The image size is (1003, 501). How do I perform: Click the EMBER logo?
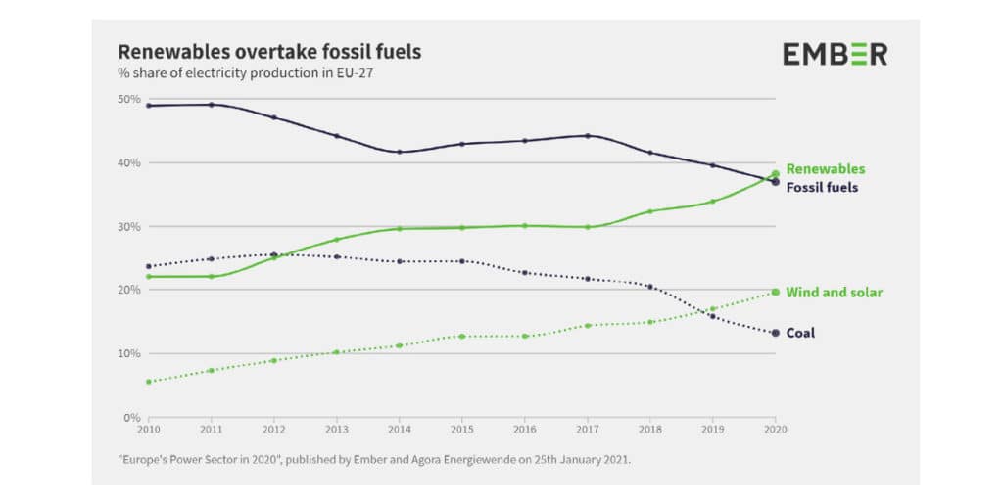pyautogui.click(x=835, y=54)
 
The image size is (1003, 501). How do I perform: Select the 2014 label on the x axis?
pyautogui.click(x=399, y=429)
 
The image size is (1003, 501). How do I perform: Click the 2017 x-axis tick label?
pyautogui.click(x=587, y=429)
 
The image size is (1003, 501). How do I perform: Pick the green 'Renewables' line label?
pyautogui.click(x=826, y=169)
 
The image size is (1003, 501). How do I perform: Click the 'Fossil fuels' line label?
pyautogui.click(x=822, y=187)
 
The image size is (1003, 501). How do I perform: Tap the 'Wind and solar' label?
pyautogui.click(x=835, y=293)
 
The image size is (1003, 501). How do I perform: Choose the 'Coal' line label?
pyautogui.click(x=800, y=333)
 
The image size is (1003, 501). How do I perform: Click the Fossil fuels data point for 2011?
pyautogui.click(x=211, y=105)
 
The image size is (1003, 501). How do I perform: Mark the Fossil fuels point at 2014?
pyautogui.click(x=399, y=152)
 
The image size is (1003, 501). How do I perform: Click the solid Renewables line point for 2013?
pyautogui.click(x=336, y=240)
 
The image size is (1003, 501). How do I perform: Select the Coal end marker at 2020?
pyautogui.click(x=776, y=333)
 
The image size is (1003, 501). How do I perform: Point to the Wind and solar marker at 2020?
pyautogui.click(x=776, y=292)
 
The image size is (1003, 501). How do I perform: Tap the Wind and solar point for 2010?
pyautogui.click(x=148, y=382)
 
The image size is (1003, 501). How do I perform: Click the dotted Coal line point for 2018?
pyautogui.click(x=649, y=287)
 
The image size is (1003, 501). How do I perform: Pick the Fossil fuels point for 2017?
pyautogui.click(x=587, y=136)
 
